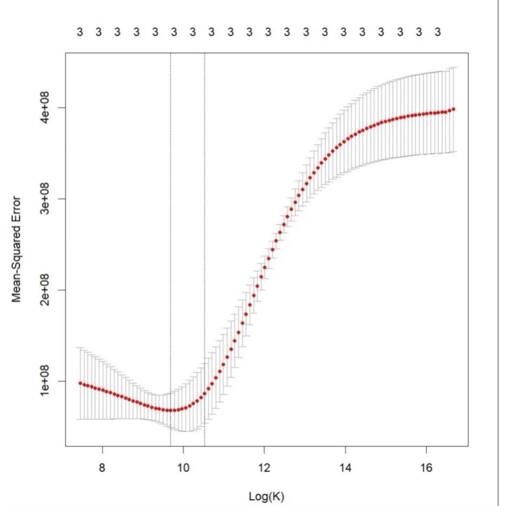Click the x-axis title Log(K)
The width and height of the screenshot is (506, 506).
(266, 496)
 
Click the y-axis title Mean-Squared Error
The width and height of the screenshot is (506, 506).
(16, 249)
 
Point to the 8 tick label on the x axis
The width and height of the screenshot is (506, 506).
(102, 467)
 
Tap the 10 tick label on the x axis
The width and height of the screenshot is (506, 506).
(183, 467)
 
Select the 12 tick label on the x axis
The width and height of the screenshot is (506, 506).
(264, 467)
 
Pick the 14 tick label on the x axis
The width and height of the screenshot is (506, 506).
(345, 467)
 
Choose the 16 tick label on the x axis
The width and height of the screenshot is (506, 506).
(426, 467)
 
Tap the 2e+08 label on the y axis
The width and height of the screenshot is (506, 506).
(45, 289)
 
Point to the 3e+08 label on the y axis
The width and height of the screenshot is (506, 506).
(45, 199)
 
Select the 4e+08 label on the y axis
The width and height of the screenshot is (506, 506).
(45, 107)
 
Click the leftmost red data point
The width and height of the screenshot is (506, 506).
(80, 383)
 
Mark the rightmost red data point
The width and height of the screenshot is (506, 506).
(453, 109)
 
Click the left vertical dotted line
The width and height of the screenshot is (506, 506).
(170, 229)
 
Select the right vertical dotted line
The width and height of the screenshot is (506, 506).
(205, 229)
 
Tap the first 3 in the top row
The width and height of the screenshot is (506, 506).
(80, 32)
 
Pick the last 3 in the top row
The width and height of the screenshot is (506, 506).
(438, 32)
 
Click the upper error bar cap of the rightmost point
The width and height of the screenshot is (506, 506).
(453, 67)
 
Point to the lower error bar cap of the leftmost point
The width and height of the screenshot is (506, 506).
(80, 419)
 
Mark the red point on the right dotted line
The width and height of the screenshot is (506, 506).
(205, 393)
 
